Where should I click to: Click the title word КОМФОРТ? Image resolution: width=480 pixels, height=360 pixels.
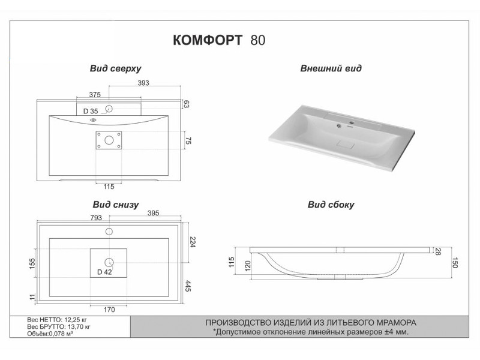(x=208, y=40)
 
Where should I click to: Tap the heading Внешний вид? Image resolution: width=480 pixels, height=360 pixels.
(x=331, y=68)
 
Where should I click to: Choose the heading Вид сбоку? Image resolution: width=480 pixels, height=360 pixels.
(x=331, y=205)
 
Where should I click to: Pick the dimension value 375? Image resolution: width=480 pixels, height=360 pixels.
(x=94, y=95)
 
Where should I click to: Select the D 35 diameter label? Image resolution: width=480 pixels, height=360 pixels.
(x=91, y=111)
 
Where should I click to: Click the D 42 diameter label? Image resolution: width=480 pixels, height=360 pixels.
(x=104, y=272)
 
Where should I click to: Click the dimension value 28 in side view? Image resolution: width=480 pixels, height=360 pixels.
(x=439, y=251)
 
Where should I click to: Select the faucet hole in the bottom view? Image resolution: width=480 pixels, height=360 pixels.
(x=109, y=231)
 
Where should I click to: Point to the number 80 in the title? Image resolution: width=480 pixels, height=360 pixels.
(x=259, y=40)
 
